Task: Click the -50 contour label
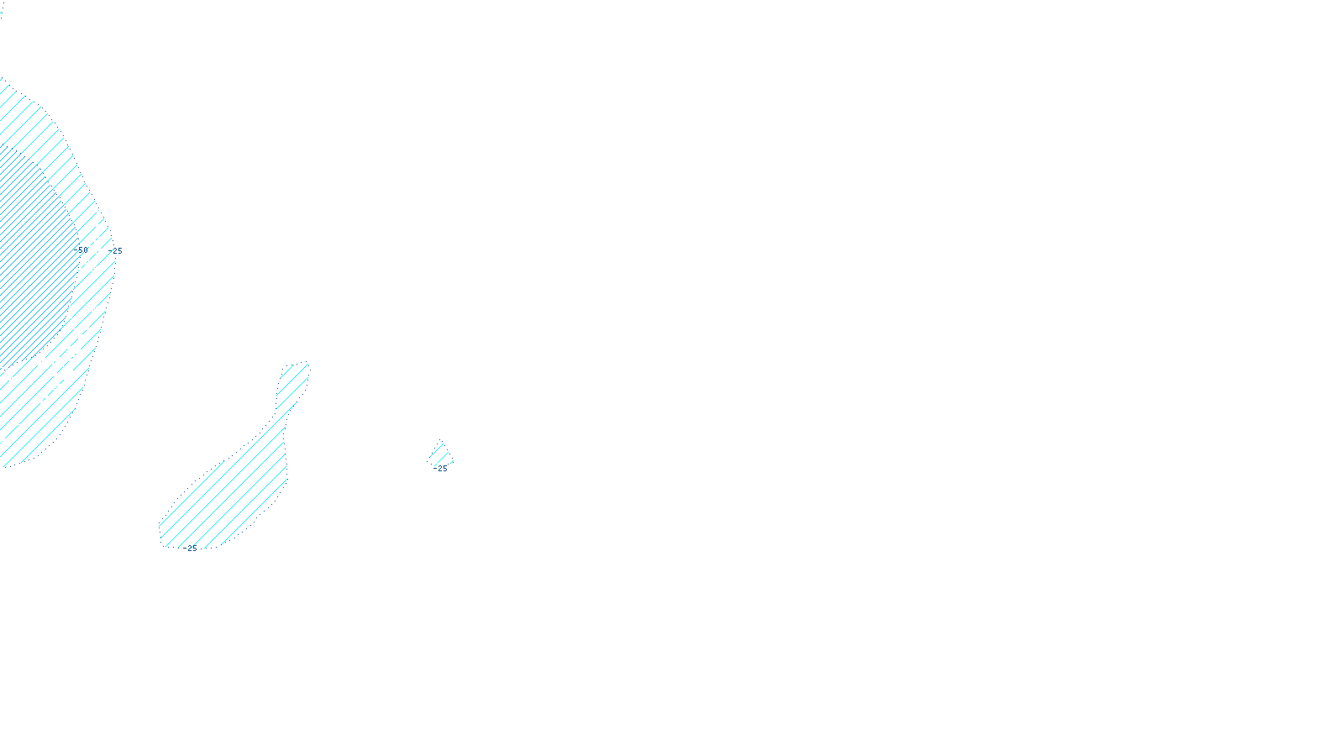click(82, 250)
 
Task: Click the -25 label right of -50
click(117, 250)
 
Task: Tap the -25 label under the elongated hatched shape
click(192, 549)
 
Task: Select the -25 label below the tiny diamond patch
click(442, 469)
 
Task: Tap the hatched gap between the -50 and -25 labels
click(99, 250)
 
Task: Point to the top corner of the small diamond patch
click(440, 444)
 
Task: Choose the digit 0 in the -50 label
click(85, 250)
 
